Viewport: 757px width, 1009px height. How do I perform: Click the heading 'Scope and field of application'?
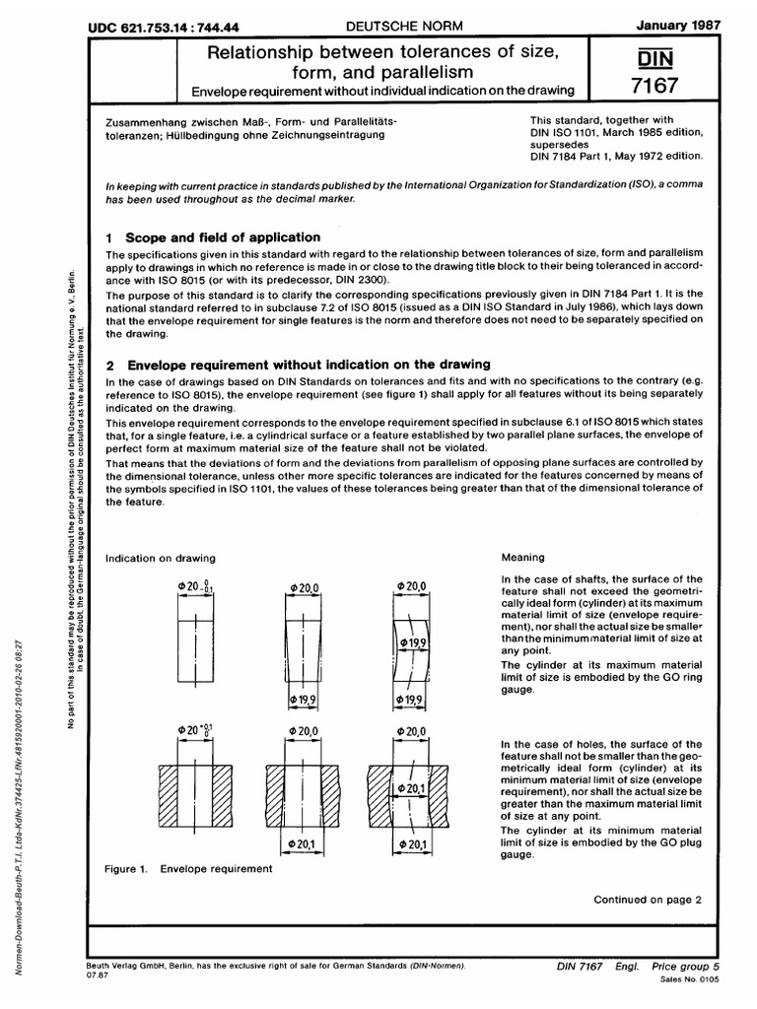click(x=221, y=236)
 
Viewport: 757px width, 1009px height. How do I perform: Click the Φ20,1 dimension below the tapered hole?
click(x=306, y=843)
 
